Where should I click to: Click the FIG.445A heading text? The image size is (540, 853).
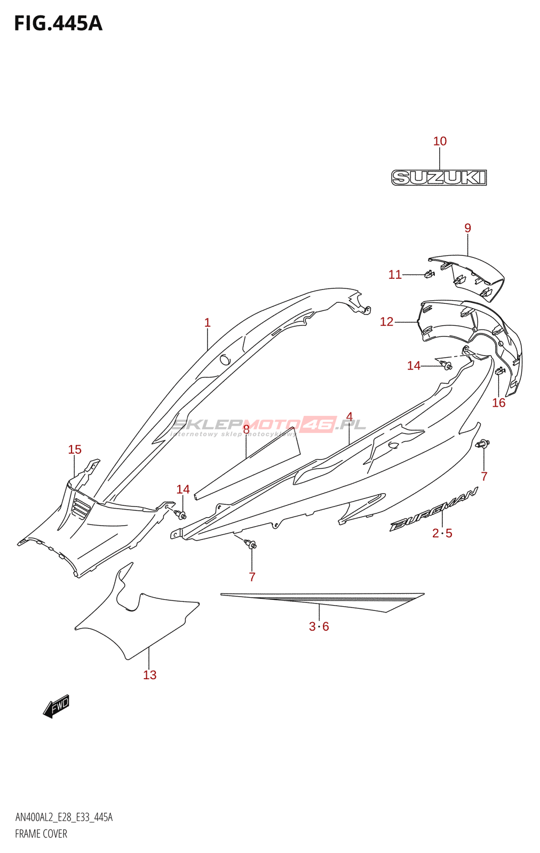pyautogui.click(x=58, y=23)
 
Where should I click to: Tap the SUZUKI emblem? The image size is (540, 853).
pyautogui.click(x=439, y=178)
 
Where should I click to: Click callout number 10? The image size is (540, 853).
pyautogui.click(x=440, y=141)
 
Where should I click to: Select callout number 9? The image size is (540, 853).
pyautogui.click(x=467, y=228)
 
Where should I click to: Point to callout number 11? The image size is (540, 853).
pyautogui.click(x=395, y=275)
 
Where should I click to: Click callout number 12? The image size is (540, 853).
pyautogui.click(x=386, y=322)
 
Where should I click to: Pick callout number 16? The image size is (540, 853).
pyautogui.click(x=498, y=403)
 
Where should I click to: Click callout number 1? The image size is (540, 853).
pyautogui.click(x=208, y=323)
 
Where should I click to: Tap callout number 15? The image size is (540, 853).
pyautogui.click(x=75, y=450)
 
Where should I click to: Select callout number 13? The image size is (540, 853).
pyautogui.click(x=150, y=675)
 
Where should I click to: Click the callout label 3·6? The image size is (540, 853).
pyautogui.click(x=319, y=626)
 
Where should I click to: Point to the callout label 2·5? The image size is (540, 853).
pyautogui.click(x=442, y=534)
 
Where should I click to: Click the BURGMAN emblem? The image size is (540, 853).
pyautogui.click(x=433, y=510)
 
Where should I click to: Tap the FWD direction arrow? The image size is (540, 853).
pyautogui.click(x=56, y=706)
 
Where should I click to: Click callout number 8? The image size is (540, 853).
pyautogui.click(x=246, y=430)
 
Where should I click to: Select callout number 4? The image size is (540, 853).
pyautogui.click(x=349, y=416)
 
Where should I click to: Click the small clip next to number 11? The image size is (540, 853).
pyautogui.click(x=430, y=273)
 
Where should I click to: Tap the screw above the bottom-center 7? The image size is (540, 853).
pyautogui.click(x=251, y=544)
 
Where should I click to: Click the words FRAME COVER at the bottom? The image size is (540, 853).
pyautogui.click(x=41, y=834)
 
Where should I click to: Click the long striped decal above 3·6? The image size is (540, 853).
pyautogui.click(x=322, y=602)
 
